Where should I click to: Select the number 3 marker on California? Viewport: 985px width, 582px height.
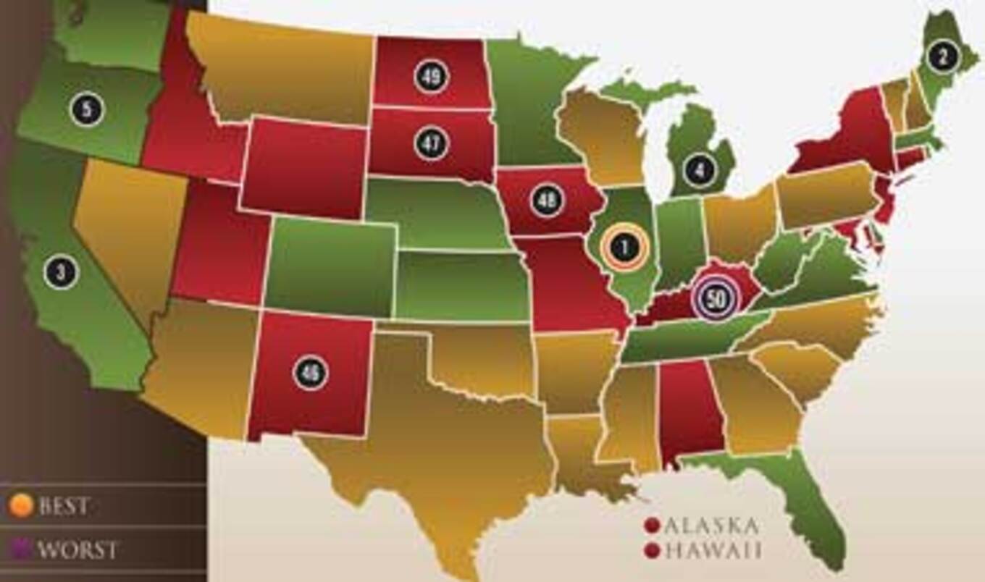coord(60,273)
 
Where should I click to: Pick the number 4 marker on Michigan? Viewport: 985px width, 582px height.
coord(698,169)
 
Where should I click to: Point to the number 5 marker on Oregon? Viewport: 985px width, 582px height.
coord(87,109)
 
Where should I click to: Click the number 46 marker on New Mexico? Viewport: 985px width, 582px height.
coord(310,373)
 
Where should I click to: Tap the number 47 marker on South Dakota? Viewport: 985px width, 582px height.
coord(432,143)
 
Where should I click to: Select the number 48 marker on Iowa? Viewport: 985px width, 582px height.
coord(547,201)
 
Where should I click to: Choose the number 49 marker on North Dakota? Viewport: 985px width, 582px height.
coord(432,76)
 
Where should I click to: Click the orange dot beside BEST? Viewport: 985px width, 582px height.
coord(20,506)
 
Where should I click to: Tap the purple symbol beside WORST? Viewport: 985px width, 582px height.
coord(20,549)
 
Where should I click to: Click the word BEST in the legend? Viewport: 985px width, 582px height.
coord(64,506)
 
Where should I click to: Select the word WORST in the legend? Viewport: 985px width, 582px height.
coord(77,549)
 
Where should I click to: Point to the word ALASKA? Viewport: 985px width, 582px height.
coord(711,525)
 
